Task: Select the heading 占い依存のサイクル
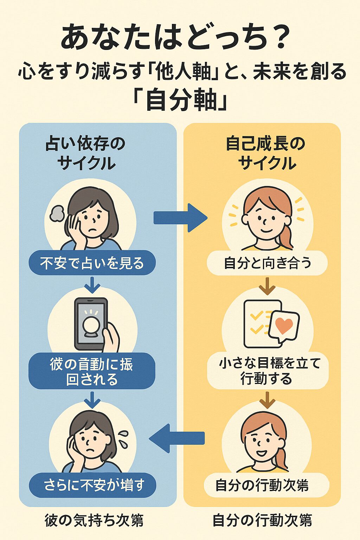86,153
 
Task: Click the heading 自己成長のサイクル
266,153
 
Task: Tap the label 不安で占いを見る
92,263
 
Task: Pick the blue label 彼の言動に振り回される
92,372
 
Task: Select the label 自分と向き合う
267,263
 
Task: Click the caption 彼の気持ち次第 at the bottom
94,520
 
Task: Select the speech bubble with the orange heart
284,326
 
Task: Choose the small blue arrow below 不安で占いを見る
92,285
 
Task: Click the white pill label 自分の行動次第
262,485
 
